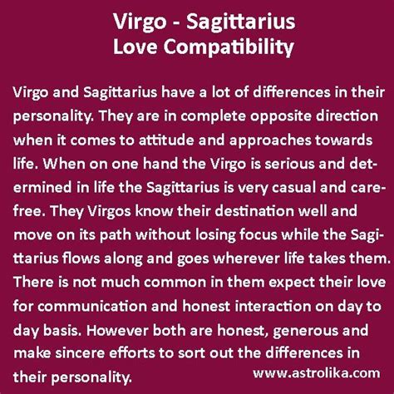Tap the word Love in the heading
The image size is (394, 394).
(x=135, y=47)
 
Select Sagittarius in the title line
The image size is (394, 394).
(x=240, y=22)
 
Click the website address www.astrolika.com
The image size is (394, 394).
(x=317, y=373)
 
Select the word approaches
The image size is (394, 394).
(x=270, y=140)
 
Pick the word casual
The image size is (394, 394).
(x=293, y=188)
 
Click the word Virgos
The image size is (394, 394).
(x=109, y=212)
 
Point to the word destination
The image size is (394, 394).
(x=254, y=211)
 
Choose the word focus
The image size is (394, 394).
(x=258, y=235)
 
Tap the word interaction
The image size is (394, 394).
(x=273, y=307)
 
